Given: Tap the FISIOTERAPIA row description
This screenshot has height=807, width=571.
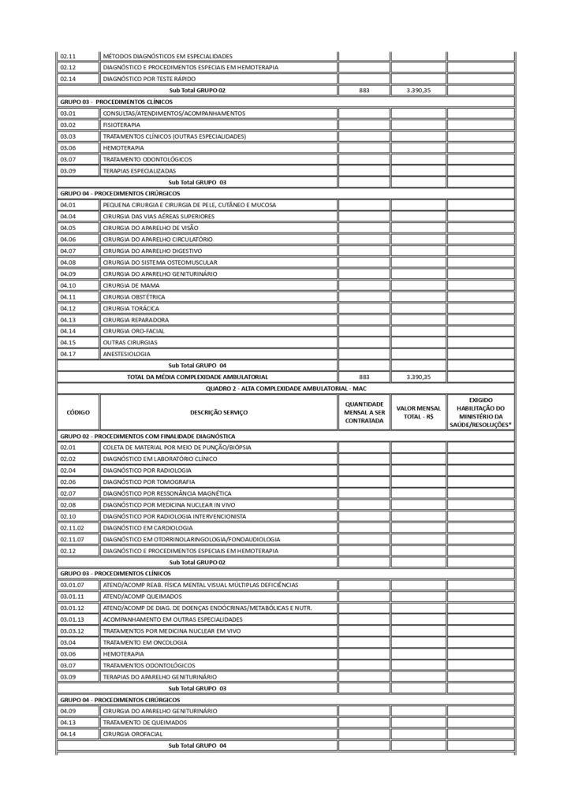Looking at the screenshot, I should pyautogui.click(x=122, y=125).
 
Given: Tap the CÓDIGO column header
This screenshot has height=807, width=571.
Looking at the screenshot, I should pyautogui.click(x=78, y=412).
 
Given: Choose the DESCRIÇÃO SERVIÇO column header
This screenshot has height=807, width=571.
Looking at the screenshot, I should pyautogui.click(x=218, y=412).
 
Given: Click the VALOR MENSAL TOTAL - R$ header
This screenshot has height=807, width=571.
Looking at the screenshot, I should pyautogui.click(x=418, y=412).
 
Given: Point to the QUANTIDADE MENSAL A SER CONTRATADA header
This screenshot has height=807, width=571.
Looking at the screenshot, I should pyautogui.click(x=364, y=412).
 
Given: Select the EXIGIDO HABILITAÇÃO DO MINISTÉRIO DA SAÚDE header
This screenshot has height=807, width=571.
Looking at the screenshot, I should pyautogui.click(x=480, y=412).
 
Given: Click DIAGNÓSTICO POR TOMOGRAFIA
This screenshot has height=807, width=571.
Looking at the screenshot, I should pyautogui.click(x=149, y=481).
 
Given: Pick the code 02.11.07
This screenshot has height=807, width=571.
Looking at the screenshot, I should pyautogui.click(x=72, y=538).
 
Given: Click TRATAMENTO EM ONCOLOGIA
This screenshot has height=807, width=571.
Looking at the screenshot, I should pyautogui.click(x=142, y=642).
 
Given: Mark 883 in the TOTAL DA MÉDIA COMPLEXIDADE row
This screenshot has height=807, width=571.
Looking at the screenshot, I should pyautogui.click(x=364, y=377).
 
